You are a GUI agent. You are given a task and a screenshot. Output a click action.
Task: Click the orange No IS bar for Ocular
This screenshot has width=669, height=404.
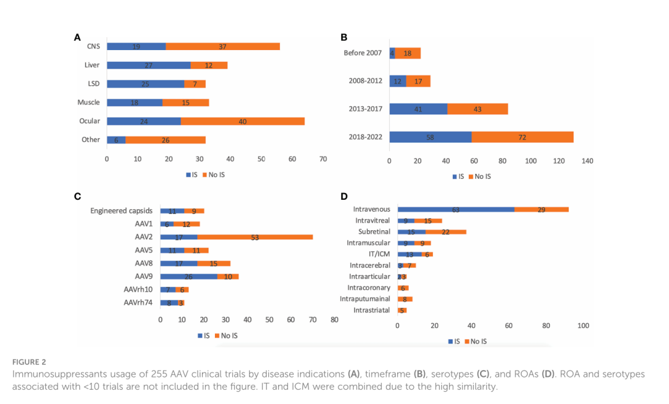(x=243, y=121)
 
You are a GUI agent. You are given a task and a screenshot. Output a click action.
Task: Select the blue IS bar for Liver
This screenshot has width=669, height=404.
(x=148, y=65)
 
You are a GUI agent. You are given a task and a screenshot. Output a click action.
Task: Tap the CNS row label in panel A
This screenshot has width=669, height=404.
(x=93, y=46)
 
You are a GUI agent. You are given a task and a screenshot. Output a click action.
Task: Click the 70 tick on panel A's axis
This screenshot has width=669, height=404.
(x=323, y=160)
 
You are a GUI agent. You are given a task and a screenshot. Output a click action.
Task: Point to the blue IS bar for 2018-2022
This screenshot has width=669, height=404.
(x=430, y=137)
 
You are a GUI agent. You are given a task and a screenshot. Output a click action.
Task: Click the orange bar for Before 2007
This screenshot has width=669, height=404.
(x=408, y=53)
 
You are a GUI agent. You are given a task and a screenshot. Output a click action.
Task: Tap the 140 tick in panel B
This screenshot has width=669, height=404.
(x=587, y=161)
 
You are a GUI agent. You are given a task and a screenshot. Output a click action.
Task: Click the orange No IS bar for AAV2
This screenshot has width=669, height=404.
(x=255, y=237)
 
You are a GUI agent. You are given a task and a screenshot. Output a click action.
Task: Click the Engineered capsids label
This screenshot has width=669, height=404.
(x=121, y=211)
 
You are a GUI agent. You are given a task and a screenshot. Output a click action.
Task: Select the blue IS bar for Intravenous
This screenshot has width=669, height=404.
(x=456, y=210)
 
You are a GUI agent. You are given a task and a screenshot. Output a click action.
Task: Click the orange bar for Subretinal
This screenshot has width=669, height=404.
(x=446, y=232)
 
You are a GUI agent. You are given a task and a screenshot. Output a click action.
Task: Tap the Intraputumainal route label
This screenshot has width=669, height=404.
(x=365, y=299)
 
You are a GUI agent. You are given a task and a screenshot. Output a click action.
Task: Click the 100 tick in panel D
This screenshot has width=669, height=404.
(x=583, y=326)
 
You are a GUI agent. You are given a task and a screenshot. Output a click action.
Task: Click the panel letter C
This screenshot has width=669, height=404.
(x=77, y=196)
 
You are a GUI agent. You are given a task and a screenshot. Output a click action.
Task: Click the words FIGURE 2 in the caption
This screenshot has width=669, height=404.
(x=29, y=362)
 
